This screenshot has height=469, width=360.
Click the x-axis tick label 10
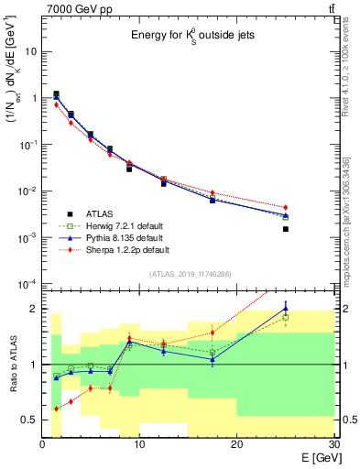139,444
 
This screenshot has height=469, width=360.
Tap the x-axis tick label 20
236,444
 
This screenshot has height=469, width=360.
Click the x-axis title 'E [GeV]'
314,457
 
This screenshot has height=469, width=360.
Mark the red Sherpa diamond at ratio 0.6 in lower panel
56,409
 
